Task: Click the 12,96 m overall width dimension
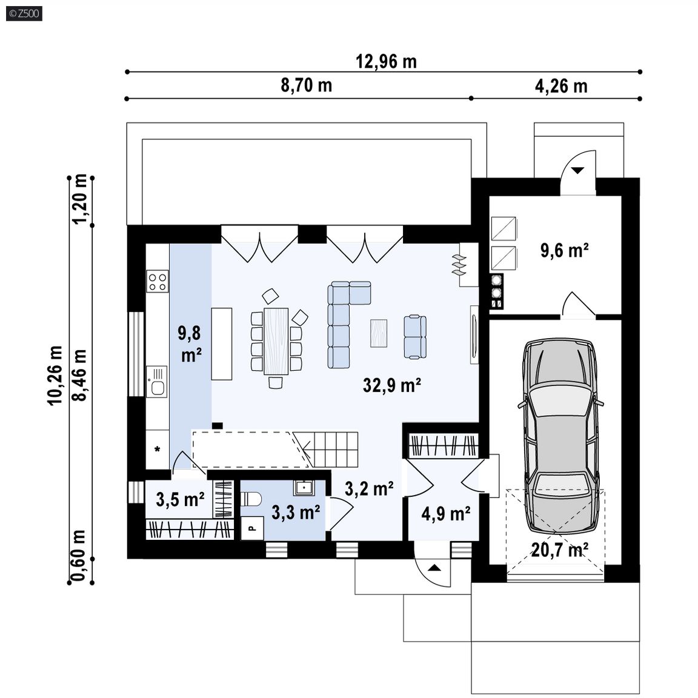click(x=386, y=61)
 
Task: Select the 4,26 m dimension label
click(x=561, y=86)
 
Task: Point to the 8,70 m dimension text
click(x=306, y=85)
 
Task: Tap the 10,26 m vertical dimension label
click(x=55, y=375)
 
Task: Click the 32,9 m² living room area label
click(x=392, y=385)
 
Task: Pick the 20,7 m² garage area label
click(x=560, y=550)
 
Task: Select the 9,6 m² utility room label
click(x=565, y=250)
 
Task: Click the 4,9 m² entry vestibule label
click(x=446, y=514)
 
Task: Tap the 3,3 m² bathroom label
click(x=296, y=513)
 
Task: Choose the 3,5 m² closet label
click(x=181, y=499)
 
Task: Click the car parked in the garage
click(x=560, y=436)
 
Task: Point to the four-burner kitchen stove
click(x=158, y=281)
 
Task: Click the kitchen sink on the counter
click(x=157, y=382)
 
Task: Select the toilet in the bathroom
click(x=251, y=499)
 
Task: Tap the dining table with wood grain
click(x=276, y=341)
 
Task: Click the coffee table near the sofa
click(x=379, y=333)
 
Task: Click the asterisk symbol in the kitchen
click(x=157, y=450)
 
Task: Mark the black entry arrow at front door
click(x=435, y=568)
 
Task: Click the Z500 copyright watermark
click(x=24, y=13)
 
